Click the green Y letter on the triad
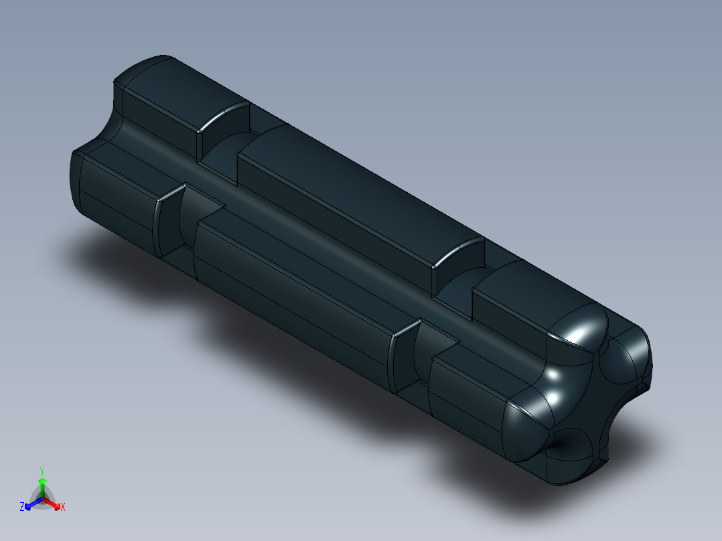click(42, 471)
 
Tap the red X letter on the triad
click(63, 508)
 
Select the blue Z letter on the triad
click(22, 507)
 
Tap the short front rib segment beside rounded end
click(469, 388)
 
